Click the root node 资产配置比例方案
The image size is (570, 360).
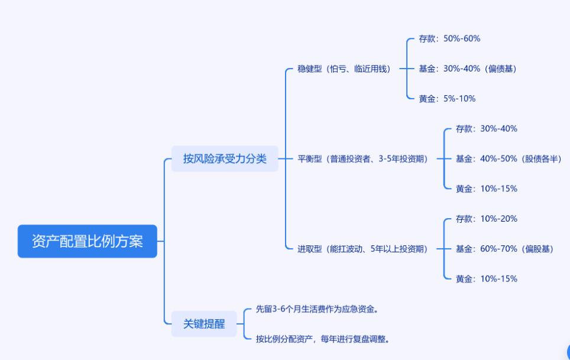[88, 241]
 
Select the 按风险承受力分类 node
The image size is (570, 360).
[225, 158]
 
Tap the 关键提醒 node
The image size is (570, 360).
[204, 324]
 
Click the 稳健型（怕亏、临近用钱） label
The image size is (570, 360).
[344, 69]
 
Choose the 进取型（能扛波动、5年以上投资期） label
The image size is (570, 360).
[362, 249]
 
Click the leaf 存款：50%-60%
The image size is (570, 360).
[449, 38]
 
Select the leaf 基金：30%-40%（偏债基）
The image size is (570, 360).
[467, 69]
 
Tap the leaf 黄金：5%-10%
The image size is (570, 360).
[447, 99]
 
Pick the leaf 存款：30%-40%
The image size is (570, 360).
[486, 128]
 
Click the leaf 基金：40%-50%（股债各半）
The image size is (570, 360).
[508, 158]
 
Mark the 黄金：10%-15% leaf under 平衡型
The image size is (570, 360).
[486, 189]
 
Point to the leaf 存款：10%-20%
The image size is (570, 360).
[486, 219]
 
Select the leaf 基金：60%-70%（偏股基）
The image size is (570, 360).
[504, 249]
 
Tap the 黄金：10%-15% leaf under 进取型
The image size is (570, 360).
[486, 278]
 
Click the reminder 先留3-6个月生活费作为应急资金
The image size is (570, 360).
[317, 309]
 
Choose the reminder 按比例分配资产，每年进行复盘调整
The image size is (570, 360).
[322, 339]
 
